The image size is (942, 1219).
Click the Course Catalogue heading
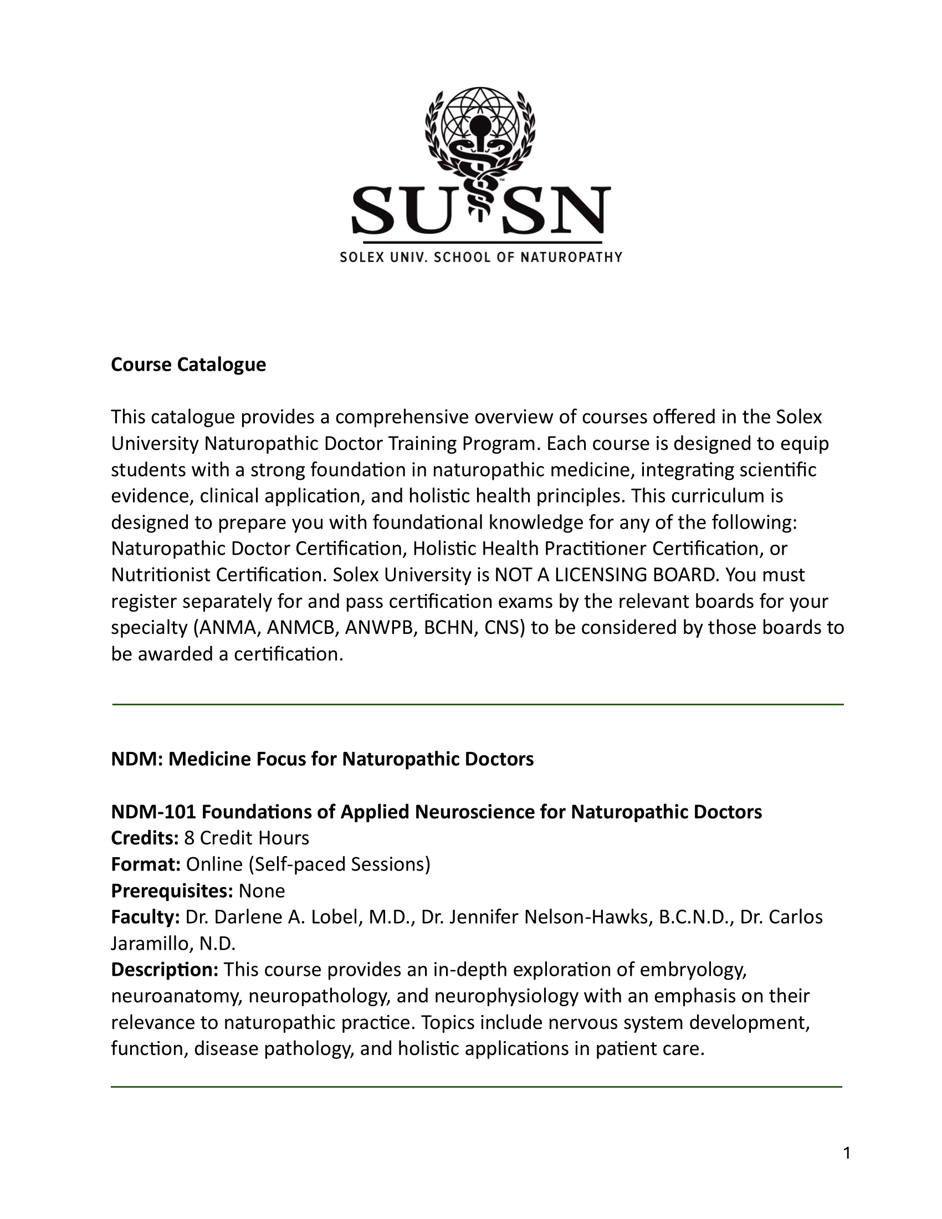[x=188, y=365]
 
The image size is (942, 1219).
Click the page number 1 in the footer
[x=847, y=1153]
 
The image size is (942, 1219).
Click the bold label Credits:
[x=145, y=838]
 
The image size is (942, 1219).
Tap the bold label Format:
[x=146, y=864]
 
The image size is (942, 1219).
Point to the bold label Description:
[x=165, y=970]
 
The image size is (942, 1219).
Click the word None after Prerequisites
[x=262, y=890]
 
